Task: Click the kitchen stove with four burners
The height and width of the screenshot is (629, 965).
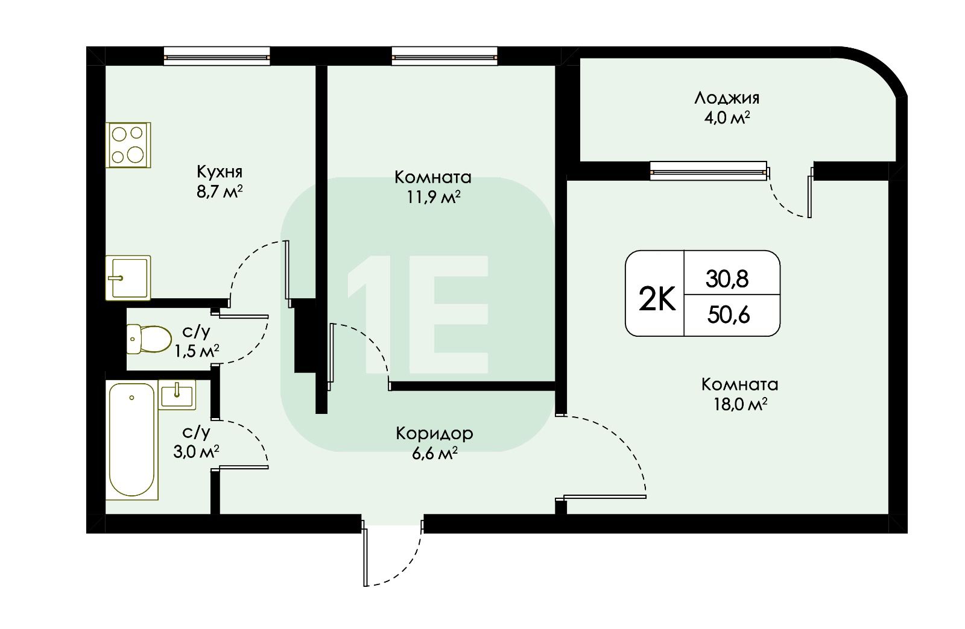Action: (x=128, y=145)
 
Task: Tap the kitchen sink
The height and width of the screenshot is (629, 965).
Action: (x=128, y=278)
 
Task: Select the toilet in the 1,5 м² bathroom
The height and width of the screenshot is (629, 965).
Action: (x=149, y=339)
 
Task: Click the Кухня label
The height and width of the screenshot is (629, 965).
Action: (x=220, y=172)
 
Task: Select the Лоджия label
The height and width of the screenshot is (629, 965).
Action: (x=727, y=98)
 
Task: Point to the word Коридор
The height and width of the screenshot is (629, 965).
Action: (x=434, y=434)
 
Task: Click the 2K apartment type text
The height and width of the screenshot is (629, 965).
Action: (x=657, y=299)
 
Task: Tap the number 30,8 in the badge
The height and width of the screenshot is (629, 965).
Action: (x=727, y=279)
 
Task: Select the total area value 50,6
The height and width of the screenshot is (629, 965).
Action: (x=729, y=315)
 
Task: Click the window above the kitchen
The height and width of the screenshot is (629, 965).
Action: (x=217, y=57)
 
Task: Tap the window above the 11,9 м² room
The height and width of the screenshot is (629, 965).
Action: (x=444, y=57)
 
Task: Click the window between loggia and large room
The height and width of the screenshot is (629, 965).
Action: (x=708, y=171)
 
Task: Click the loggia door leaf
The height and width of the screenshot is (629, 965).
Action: (x=810, y=192)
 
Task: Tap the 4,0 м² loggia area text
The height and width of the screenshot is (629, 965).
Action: (x=727, y=117)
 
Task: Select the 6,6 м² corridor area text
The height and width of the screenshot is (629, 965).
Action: (x=434, y=454)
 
